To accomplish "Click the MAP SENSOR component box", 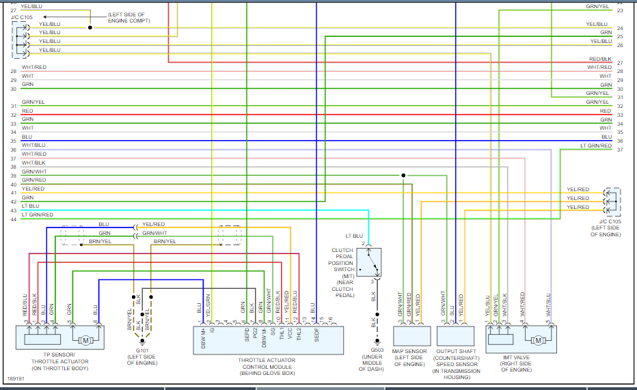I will [411, 335].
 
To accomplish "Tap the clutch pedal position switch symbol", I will [368, 262].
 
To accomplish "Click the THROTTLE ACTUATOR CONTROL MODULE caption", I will [267, 360].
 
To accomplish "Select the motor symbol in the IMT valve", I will [538, 339].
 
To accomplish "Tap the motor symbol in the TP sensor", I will [86, 339].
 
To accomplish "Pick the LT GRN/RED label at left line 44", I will [37, 214].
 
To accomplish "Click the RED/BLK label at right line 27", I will [600, 59].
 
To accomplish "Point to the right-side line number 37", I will [619, 150].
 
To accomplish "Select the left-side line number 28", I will [13, 71].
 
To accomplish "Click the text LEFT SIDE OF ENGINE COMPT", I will [129, 17].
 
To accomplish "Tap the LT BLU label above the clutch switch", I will [353, 236].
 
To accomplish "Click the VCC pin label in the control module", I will [290, 335].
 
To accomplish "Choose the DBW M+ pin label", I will [203, 338].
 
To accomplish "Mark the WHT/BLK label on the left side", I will [33, 163].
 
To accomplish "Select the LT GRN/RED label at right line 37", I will [596, 145].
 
